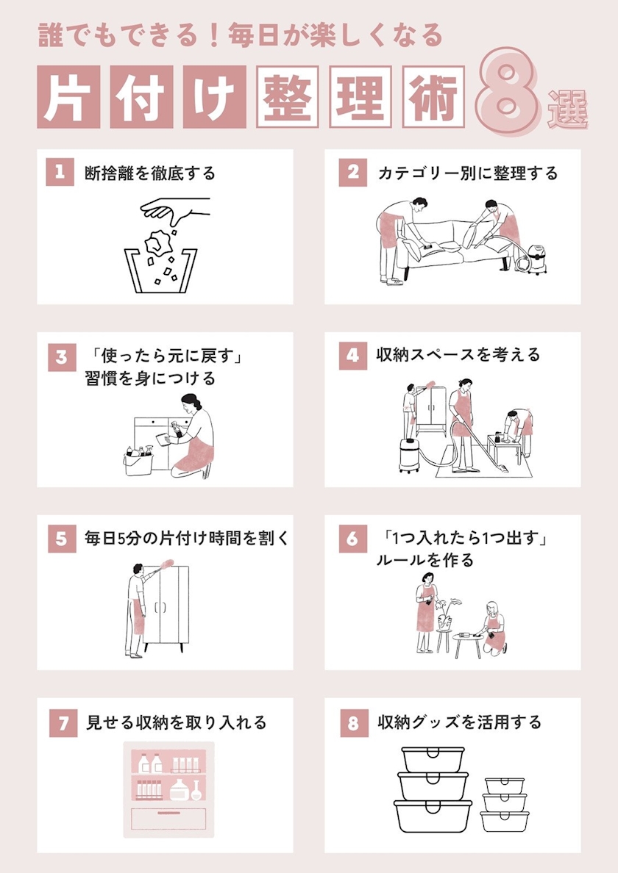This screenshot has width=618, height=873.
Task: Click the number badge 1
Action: [60, 172]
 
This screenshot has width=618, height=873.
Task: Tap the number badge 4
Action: [352, 356]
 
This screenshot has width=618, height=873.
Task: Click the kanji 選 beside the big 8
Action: [567, 109]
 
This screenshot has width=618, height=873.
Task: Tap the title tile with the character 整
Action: [287, 97]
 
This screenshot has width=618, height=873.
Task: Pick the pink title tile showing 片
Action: [68, 97]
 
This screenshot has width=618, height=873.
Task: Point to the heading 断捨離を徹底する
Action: [150, 173]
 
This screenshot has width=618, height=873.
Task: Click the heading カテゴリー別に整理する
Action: [467, 173]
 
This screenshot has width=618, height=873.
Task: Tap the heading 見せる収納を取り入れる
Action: [176, 722]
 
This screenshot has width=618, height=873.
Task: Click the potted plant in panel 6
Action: [445, 615]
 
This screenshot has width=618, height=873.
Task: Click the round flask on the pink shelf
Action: [196, 791]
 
